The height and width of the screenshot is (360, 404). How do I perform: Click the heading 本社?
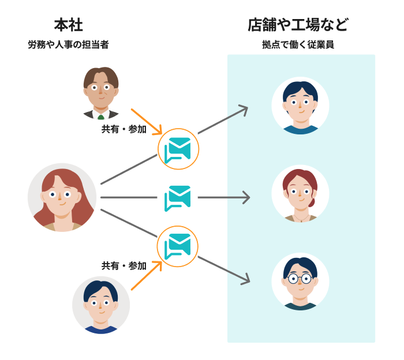coord(69,25)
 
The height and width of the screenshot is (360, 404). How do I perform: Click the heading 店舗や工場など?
coord(298,25)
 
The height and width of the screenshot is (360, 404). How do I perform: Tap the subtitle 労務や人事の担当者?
coord(68,44)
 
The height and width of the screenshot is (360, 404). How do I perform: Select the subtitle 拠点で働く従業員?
coord(298,44)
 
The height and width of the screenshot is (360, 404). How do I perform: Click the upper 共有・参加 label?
coord(124,129)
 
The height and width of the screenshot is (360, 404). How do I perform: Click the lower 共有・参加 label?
coord(124,266)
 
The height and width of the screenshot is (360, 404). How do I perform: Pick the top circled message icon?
coord(178,149)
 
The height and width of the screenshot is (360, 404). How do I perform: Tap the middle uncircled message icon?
coord(178,198)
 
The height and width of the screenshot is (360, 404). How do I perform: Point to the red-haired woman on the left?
coord(62,197)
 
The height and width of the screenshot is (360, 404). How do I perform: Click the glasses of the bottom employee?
coord(300,279)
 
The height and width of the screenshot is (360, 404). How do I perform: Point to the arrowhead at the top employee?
coord(245,108)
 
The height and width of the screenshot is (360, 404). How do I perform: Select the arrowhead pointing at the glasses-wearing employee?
coord(247,281)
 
